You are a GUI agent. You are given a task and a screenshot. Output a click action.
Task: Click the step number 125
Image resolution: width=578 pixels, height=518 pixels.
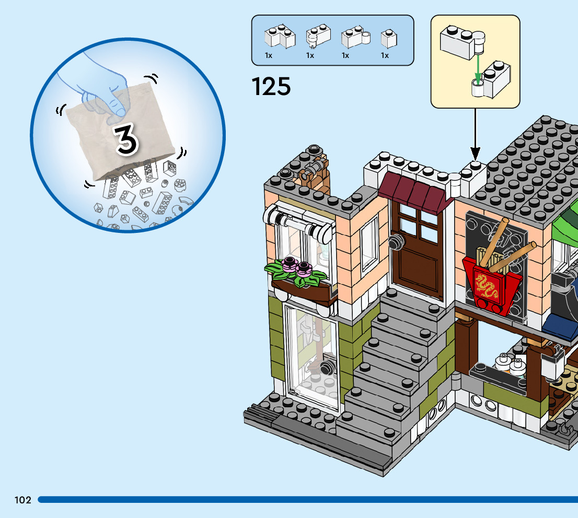tap(271, 86)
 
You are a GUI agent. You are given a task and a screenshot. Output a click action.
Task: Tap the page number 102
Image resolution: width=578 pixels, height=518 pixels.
tap(23, 500)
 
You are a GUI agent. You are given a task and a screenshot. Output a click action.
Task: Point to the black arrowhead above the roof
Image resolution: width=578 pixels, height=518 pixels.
tap(475, 153)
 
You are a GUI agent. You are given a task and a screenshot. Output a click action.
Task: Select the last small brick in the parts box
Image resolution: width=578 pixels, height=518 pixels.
tap(388, 38)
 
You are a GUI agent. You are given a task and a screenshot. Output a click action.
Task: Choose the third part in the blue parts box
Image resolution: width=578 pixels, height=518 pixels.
tap(355, 38)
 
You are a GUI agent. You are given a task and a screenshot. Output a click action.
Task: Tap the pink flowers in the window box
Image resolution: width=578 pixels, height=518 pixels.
tap(296, 266)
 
